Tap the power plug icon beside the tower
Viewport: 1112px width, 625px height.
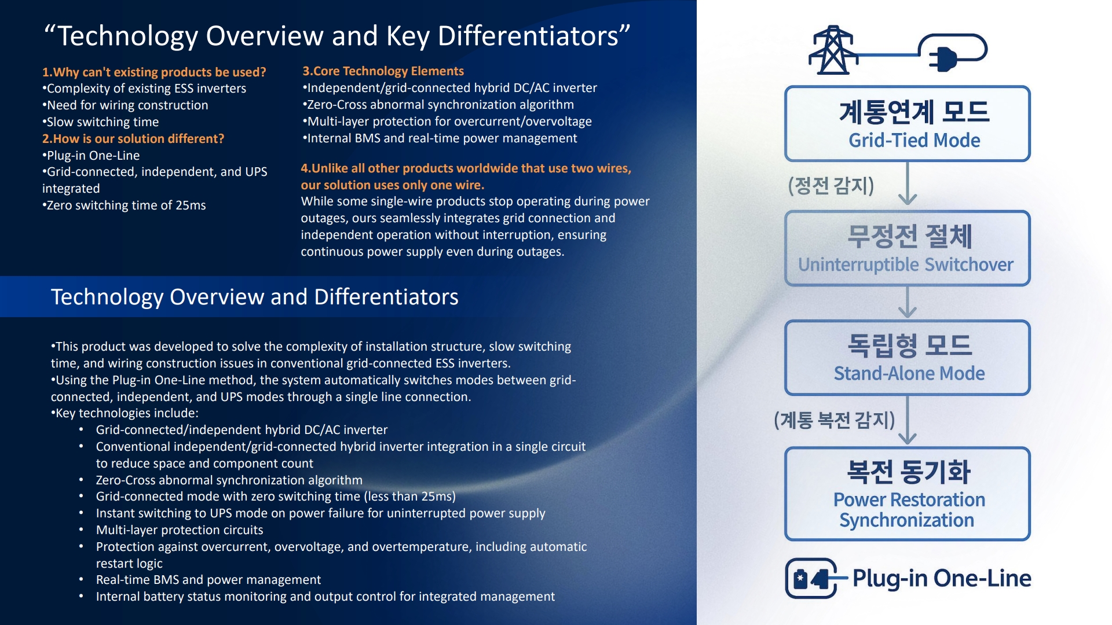pos(953,52)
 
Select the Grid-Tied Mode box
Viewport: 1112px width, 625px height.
pos(908,124)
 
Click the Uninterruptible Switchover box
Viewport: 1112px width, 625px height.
pos(908,248)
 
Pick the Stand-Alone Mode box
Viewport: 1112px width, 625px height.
pos(908,358)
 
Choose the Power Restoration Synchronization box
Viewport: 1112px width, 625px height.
pos(908,494)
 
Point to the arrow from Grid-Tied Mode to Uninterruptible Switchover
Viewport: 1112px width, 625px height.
pos(908,183)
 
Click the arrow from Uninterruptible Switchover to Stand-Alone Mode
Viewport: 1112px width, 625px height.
pos(908,302)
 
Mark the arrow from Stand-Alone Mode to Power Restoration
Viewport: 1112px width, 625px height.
pos(908,420)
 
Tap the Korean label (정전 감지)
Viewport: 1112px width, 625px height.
pos(831,186)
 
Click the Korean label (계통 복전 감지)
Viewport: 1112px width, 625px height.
pos(835,420)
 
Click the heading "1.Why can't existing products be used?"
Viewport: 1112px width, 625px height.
pos(154,72)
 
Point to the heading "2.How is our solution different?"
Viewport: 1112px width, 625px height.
pos(133,139)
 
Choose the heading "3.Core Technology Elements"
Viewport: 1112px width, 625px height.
pos(383,71)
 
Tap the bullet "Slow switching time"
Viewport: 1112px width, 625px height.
pos(101,122)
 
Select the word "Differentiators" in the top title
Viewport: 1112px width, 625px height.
pos(533,36)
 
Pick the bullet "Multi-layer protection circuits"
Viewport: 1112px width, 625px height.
pos(180,530)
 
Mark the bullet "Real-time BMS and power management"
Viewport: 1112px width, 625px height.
pos(209,580)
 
